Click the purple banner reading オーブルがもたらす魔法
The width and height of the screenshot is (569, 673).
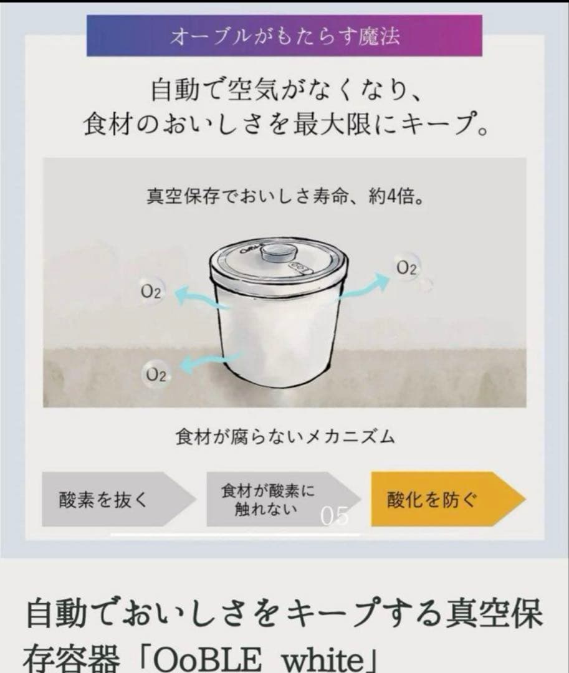(x=284, y=36)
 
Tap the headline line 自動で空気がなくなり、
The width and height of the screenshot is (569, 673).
(x=284, y=91)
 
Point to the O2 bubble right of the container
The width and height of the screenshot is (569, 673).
(x=406, y=268)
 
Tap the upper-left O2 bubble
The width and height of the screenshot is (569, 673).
(x=151, y=292)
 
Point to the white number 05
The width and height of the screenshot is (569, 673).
(x=335, y=517)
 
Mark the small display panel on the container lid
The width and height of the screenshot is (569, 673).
(x=301, y=268)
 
